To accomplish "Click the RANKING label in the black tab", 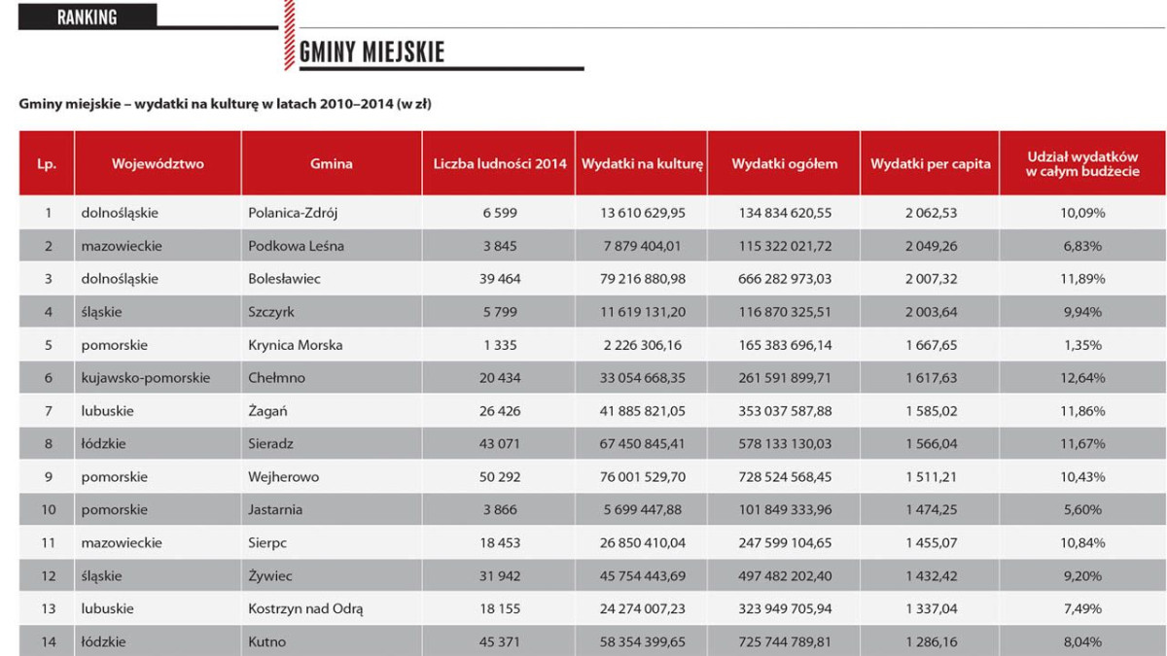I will click(87, 17).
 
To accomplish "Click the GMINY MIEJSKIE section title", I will click(371, 52).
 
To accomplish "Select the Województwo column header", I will click(158, 164).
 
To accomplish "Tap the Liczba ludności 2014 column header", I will click(500, 164).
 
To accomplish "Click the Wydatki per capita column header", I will click(930, 164).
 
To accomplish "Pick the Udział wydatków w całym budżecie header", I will click(1082, 163).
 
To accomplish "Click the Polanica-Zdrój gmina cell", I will click(293, 213).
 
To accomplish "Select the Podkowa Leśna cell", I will click(296, 246).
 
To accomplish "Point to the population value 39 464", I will click(500, 279).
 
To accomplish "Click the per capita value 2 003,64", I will click(930, 312).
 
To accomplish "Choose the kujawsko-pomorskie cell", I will click(146, 378).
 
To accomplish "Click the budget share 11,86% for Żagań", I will click(1082, 411).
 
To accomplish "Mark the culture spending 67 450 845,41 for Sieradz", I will click(643, 444).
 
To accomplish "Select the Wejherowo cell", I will click(283, 477).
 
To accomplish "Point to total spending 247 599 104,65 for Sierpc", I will click(784, 543).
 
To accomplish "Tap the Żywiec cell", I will click(269, 576).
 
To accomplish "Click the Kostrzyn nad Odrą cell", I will click(305, 609).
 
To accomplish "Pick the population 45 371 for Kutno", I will click(500, 642).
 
